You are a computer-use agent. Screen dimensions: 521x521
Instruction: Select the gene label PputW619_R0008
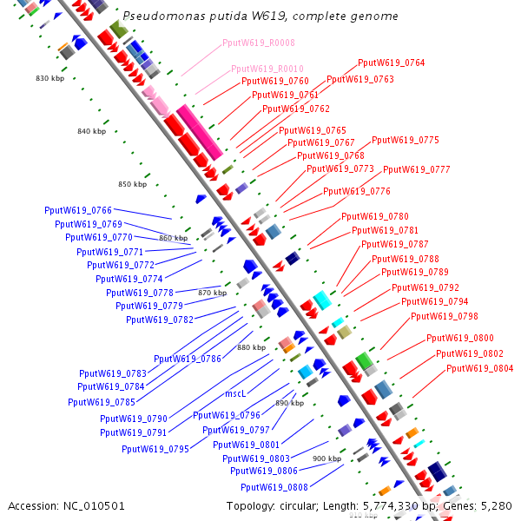coord(259,43)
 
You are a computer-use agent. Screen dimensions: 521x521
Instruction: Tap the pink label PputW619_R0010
coord(267,69)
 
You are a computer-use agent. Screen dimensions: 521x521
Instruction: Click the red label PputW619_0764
coord(392,63)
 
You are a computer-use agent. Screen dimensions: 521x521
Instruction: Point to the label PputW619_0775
coord(406,140)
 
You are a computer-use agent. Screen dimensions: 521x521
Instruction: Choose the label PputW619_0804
coord(480,368)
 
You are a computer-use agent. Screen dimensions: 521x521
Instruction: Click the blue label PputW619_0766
coord(78,210)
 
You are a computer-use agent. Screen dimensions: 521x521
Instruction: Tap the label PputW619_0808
coord(274,487)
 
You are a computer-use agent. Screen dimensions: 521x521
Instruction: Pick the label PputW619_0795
coord(155,449)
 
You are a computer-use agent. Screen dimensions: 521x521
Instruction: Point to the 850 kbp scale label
coord(133,184)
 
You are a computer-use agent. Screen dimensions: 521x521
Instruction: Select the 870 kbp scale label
coord(212,293)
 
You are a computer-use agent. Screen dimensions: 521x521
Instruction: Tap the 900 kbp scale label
coord(326,458)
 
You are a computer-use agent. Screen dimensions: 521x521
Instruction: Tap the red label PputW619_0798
coord(445,316)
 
